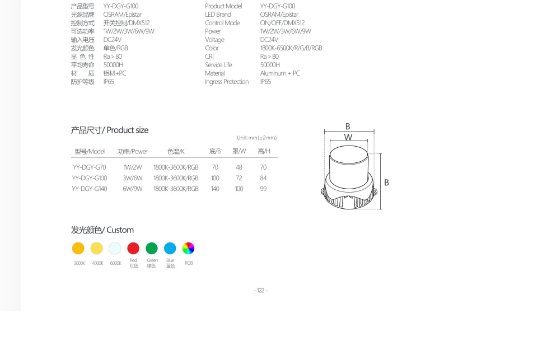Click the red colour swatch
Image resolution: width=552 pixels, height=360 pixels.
point(133,248)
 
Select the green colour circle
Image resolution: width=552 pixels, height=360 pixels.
point(152,248)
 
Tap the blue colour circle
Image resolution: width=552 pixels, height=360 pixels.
point(170,248)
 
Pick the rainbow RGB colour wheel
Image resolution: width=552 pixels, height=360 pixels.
point(188,248)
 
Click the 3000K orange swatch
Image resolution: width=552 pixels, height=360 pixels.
point(78,248)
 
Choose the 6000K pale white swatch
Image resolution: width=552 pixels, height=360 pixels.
point(115,248)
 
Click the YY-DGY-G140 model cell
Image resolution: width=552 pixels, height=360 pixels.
point(90,189)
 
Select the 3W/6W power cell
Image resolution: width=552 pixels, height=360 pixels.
point(133,178)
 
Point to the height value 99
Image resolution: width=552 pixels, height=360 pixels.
point(263,189)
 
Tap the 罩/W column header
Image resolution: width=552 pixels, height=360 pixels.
point(239,151)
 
